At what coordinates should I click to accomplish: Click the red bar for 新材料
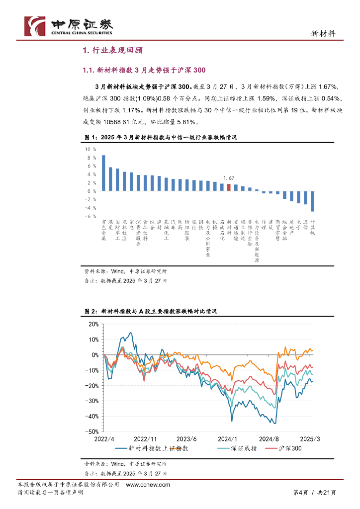[229, 187]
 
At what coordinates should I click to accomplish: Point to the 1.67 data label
[229, 178]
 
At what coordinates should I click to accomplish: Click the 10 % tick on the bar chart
[91, 149]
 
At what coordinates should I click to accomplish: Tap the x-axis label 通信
[305, 223]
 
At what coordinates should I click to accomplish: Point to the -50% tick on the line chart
[92, 432]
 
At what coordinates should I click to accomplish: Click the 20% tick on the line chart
[93, 324]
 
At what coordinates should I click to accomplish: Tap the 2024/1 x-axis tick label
[228, 439]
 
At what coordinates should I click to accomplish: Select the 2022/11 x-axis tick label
[145, 439]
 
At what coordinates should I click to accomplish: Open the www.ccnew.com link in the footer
[148, 485]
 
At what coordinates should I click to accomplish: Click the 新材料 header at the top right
[323, 33]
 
